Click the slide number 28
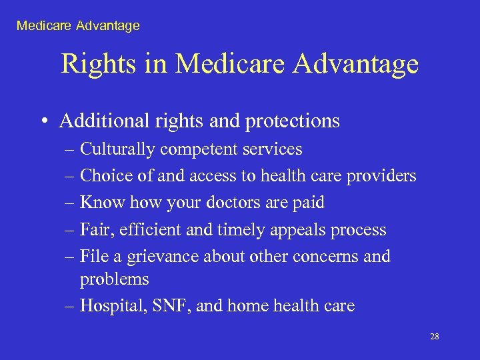coord(434,337)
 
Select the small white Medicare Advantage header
coord(78,26)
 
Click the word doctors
coord(213,203)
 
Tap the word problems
coord(114,279)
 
